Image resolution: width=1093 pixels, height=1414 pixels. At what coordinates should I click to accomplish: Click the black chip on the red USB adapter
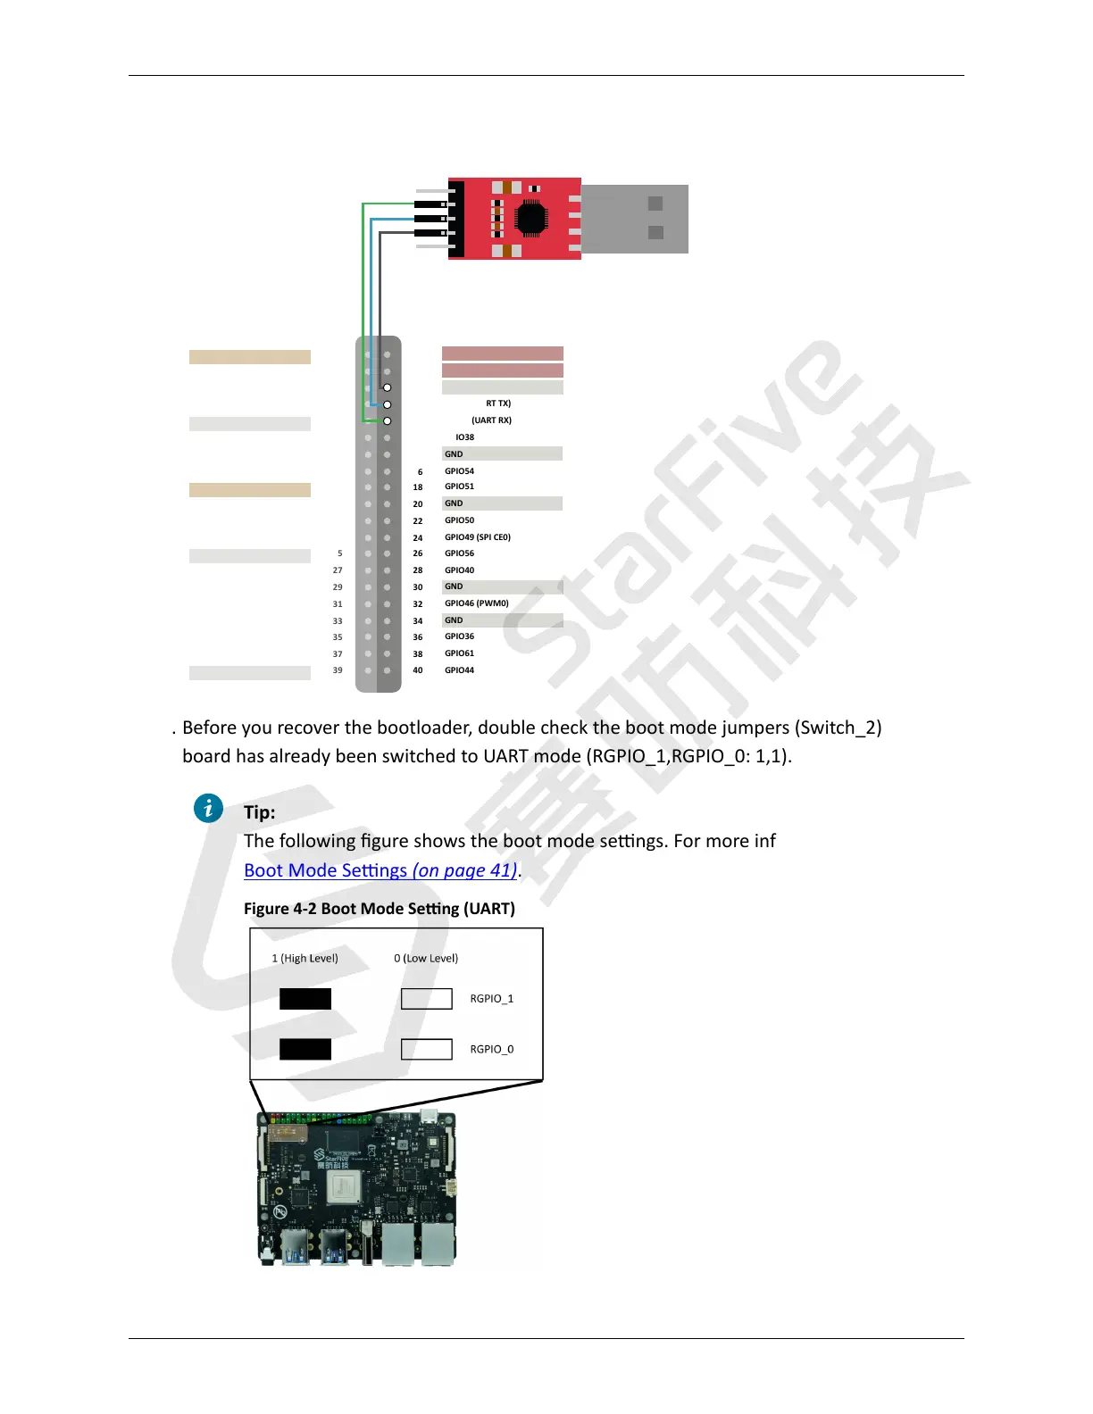pyautogui.click(x=531, y=219)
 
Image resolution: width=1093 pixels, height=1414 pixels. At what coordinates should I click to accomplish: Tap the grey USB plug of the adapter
pyautogui.click(x=635, y=219)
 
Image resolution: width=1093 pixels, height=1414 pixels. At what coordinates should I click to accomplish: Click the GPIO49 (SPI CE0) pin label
pyautogui.click(x=478, y=537)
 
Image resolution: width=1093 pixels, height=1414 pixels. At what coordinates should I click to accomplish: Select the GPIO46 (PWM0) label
pyautogui.click(x=477, y=603)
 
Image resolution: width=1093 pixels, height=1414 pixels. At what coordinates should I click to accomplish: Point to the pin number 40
pyautogui.click(x=418, y=670)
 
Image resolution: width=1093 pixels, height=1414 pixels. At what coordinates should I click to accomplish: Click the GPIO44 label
pyautogui.click(x=460, y=670)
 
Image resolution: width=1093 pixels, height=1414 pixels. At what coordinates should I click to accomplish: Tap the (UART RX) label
pyautogui.click(x=492, y=420)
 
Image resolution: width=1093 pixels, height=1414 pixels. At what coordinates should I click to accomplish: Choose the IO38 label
pyautogui.click(x=465, y=437)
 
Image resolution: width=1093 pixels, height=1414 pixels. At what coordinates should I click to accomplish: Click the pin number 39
pyautogui.click(x=338, y=670)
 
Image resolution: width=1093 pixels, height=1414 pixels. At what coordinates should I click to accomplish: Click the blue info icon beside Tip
pyautogui.click(x=208, y=809)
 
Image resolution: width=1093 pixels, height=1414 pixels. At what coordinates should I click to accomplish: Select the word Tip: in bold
pyautogui.click(x=260, y=812)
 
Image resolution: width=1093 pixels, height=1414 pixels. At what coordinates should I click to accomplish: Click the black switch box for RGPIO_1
pyautogui.click(x=305, y=999)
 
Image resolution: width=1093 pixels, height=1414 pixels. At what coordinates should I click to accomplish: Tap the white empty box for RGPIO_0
pyautogui.click(x=427, y=1049)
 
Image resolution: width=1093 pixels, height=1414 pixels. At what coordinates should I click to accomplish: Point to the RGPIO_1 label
pyautogui.click(x=492, y=999)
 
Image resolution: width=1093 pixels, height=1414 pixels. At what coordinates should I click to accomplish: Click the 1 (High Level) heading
pyautogui.click(x=305, y=959)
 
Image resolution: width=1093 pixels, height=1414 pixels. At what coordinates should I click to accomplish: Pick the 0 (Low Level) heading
pyautogui.click(x=426, y=959)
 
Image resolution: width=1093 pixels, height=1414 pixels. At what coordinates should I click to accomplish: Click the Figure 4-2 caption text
pyautogui.click(x=380, y=909)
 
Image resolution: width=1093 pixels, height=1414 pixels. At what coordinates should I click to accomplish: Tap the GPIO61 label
pyautogui.click(x=460, y=653)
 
